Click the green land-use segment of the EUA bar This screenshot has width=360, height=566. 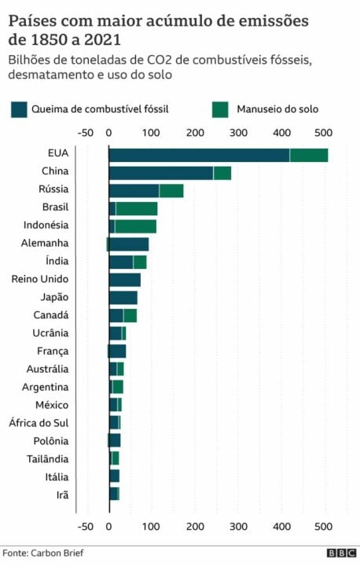click(x=308, y=155)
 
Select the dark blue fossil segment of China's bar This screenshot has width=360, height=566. click(x=160, y=173)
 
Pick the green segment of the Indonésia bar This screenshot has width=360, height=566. click(x=135, y=226)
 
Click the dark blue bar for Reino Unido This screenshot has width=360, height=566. click(x=124, y=280)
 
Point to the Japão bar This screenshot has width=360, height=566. click(x=123, y=298)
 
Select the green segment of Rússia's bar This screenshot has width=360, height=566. click(x=171, y=190)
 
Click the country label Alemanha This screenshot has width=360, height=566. click(x=46, y=244)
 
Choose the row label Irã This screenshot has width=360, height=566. click(x=61, y=494)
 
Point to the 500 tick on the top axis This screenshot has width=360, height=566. click(x=323, y=133)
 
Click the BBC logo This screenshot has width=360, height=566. click(x=340, y=553)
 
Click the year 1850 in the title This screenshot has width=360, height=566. click(x=46, y=38)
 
